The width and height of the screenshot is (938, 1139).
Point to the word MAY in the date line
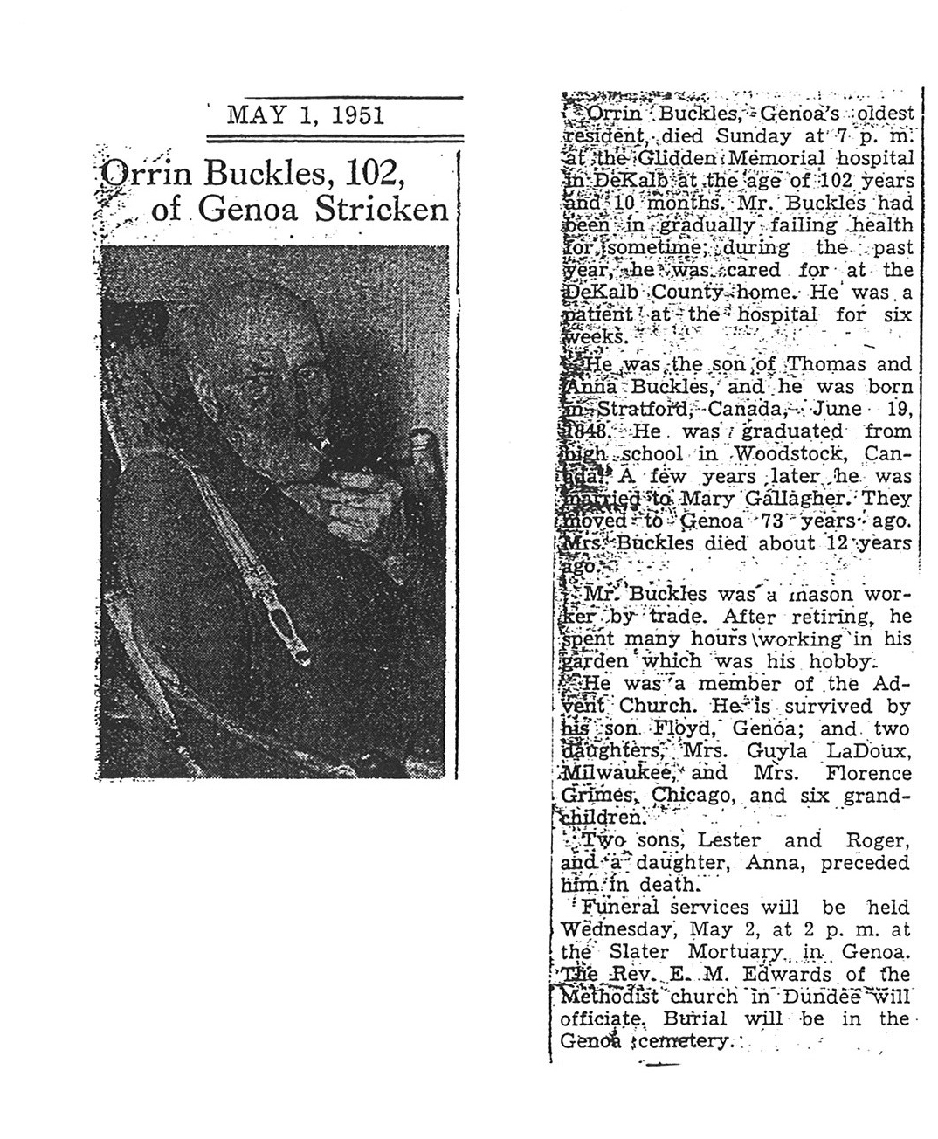(x=251, y=115)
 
